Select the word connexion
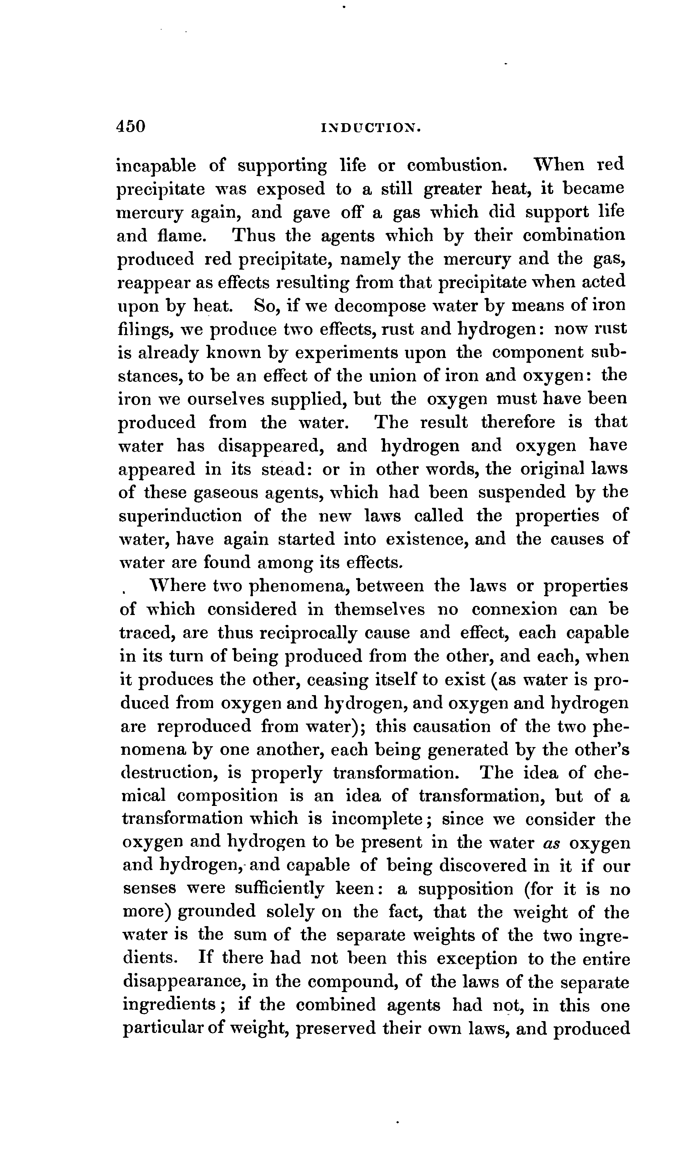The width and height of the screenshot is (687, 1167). point(514,609)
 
